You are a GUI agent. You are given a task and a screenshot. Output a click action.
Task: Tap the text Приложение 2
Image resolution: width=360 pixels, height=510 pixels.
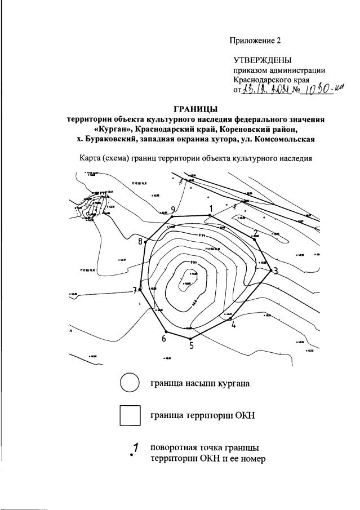[255, 41]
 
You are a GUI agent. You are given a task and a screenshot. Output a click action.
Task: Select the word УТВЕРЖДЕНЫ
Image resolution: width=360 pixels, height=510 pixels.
[263, 60]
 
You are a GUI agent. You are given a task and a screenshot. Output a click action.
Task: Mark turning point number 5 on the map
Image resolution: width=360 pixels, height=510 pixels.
[190, 339]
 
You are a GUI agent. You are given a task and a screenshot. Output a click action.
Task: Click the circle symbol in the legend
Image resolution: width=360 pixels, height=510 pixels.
[130, 383]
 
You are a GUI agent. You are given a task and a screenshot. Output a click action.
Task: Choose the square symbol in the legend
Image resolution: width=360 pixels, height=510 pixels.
[130, 416]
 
